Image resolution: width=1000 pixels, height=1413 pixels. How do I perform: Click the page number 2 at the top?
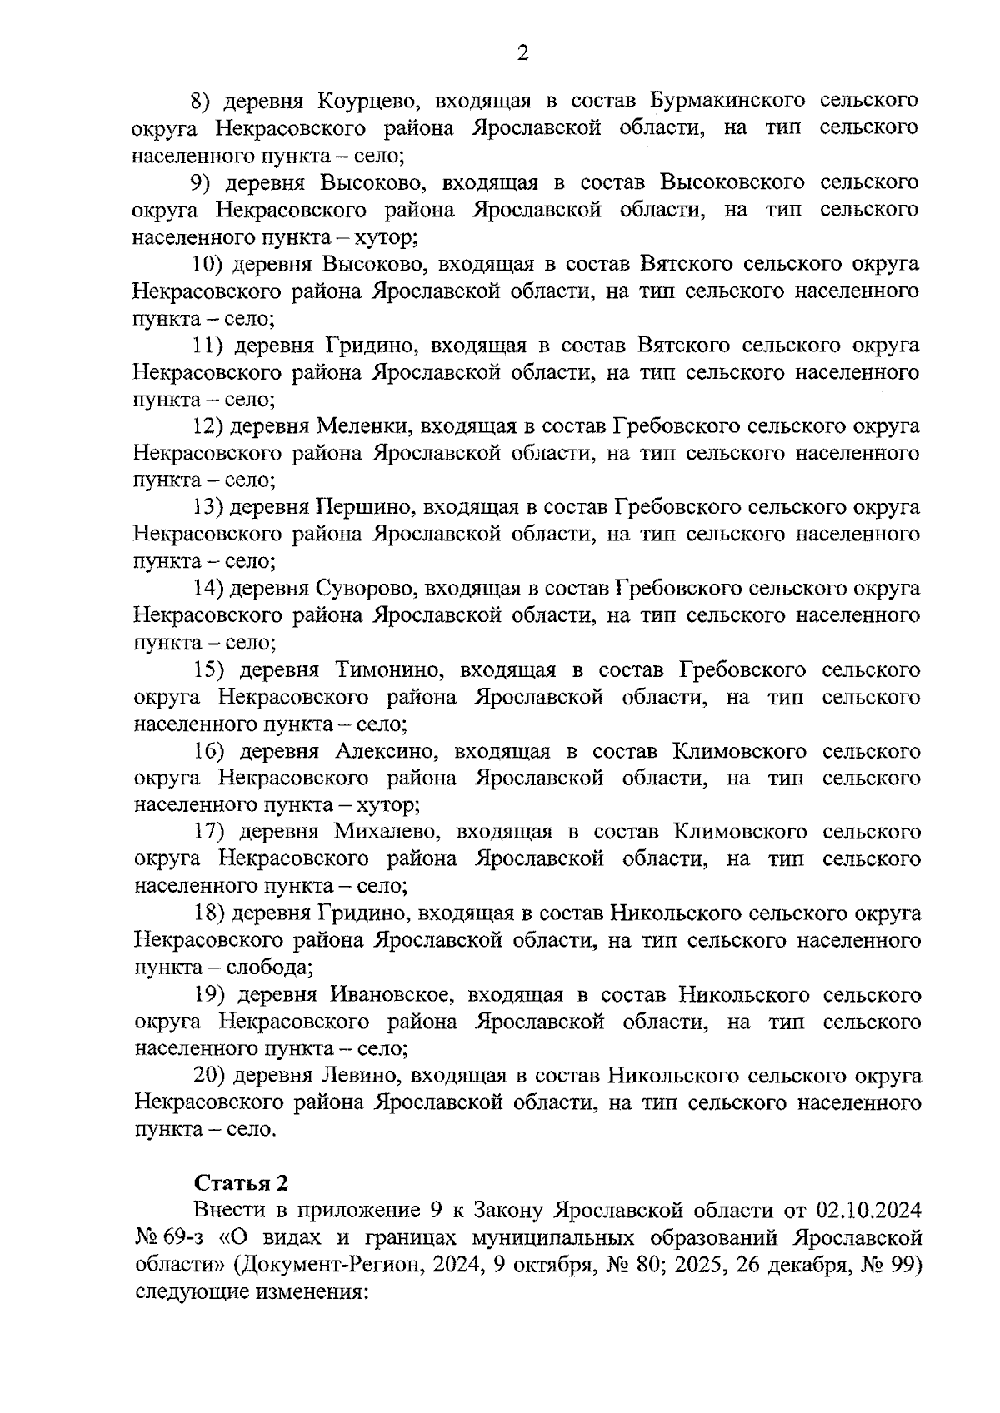coord(522,54)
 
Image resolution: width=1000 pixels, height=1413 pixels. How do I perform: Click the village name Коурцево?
coord(362,102)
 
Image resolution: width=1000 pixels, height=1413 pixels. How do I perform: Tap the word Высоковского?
coord(732,182)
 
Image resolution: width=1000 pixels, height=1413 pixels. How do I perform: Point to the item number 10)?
coord(206,264)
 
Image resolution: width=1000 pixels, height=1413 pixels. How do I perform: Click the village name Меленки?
coord(362,426)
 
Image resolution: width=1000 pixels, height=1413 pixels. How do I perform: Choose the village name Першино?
coord(363,507)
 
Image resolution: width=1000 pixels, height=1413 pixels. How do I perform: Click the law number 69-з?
coord(188,1237)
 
